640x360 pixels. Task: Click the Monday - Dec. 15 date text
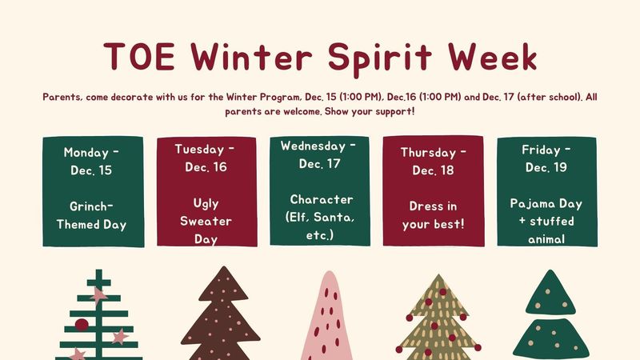coord(93,161)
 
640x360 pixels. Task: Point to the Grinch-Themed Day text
coord(93,215)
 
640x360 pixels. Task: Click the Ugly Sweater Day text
coord(206,220)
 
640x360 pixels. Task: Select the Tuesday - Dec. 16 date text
coord(206,158)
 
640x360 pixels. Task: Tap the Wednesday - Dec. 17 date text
coord(319,154)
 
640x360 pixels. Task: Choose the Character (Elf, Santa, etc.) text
coord(319,217)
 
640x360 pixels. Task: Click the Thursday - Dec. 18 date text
coord(433,161)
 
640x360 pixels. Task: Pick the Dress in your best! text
coord(433,215)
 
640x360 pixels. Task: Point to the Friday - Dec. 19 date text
coord(546,158)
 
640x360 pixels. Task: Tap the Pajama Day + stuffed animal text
coord(546,220)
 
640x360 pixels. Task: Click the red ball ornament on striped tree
coord(82,324)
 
